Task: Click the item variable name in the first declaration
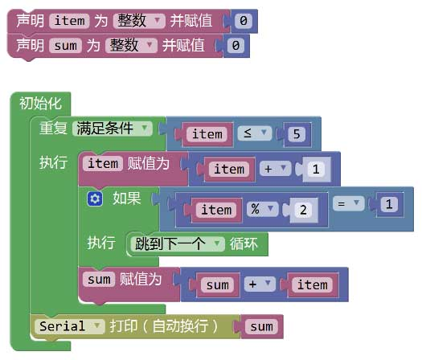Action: (69, 21)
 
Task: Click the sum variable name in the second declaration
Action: (65, 45)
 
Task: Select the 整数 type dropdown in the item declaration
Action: (139, 21)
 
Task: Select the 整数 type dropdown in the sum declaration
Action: (131, 45)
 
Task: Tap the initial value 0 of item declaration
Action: (244, 21)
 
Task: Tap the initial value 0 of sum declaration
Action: (236, 45)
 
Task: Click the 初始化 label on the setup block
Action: (40, 104)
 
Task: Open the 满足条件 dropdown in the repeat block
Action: (113, 129)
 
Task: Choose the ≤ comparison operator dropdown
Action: (254, 133)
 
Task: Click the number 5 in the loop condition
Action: (297, 133)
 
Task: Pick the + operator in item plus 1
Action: (276, 169)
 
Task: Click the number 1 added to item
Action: (316, 169)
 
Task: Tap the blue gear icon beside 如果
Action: (95, 199)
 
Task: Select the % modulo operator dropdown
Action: (262, 209)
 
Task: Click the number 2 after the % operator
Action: (303, 210)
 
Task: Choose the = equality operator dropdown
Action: (349, 203)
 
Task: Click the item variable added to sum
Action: (312, 284)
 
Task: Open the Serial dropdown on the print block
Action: (69, 326)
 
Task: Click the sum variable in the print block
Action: (261, 326)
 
